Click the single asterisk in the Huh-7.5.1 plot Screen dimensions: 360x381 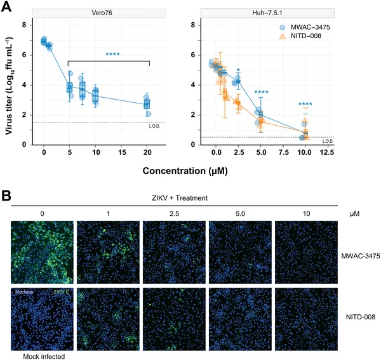tap(237, 70)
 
